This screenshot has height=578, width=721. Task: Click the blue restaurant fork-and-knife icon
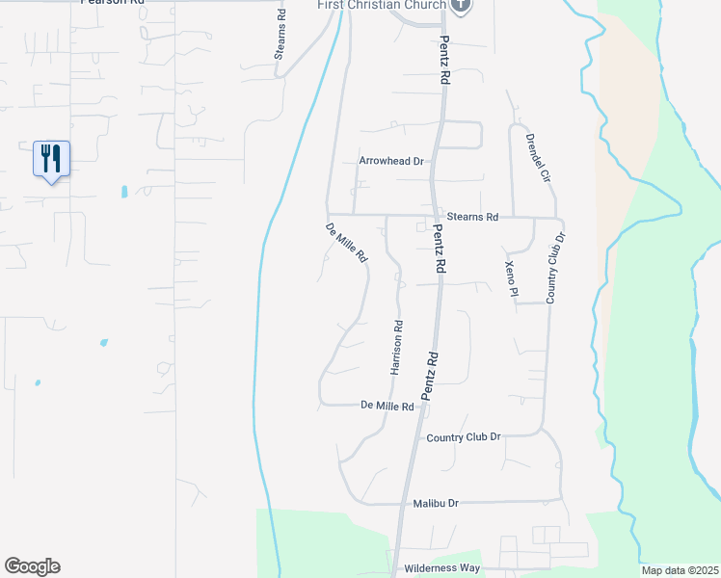(x=52, y=158)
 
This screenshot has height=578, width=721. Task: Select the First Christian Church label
(x=382, y=5)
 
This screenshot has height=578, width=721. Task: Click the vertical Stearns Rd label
(x=280, y=37)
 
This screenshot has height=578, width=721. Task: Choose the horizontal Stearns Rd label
(x=472, y=218)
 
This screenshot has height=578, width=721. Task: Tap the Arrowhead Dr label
(x=391, y=161)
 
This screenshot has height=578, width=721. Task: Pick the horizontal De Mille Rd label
(x=387, y=407)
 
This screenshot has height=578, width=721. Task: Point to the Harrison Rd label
(x=395, y=347)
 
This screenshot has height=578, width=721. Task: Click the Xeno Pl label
(x=512, y=277)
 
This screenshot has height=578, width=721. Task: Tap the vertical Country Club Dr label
(x=554, y=268)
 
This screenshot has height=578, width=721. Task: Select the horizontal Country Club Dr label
(x=464, y=436)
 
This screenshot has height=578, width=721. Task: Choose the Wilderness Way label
(x=442, y=568)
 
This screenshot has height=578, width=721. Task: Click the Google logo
(x=32, y=566)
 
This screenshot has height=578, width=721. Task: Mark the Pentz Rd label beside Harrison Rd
(x=430, y=376)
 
